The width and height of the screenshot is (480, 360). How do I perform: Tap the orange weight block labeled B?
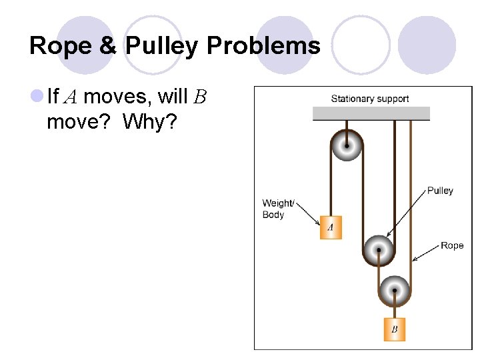(395, 329)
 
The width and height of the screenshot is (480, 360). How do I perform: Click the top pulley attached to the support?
(347, 145)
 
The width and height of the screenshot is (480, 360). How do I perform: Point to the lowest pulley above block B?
(395, 290)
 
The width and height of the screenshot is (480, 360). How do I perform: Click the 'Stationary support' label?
(370, 99)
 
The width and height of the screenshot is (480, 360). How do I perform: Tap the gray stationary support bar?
(371, 113)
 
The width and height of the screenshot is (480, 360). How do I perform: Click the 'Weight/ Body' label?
(277, 209)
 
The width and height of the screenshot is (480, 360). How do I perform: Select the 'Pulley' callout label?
(440, 191)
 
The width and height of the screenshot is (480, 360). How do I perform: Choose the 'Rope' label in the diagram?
(452, 245)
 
